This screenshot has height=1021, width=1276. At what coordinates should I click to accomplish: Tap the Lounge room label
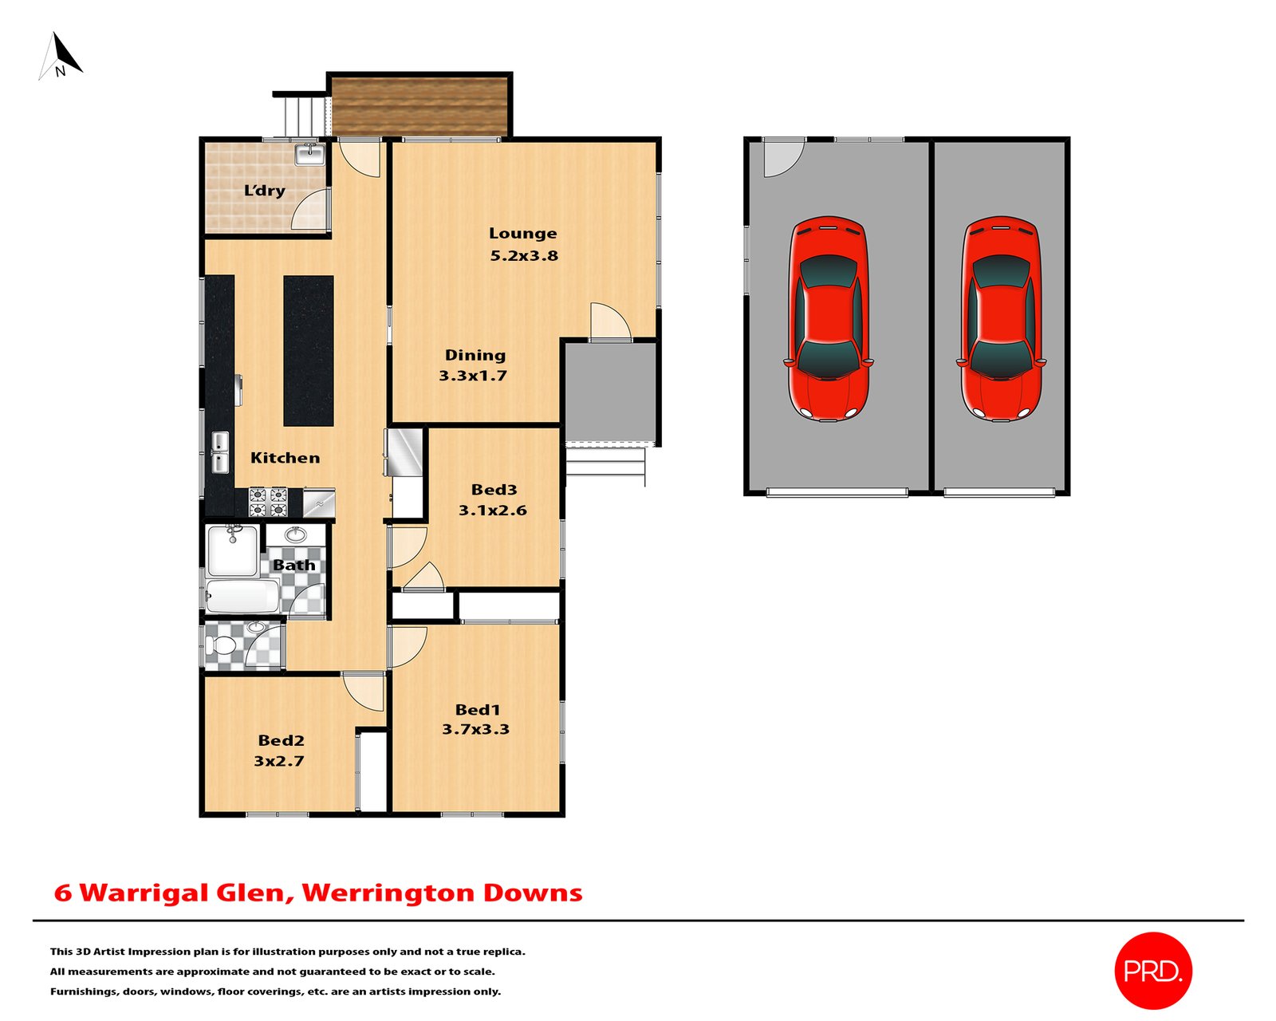(522, 234)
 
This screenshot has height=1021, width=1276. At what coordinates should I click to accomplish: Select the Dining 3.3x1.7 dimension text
(473, 376)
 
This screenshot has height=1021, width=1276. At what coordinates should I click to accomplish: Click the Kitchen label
(285, 458)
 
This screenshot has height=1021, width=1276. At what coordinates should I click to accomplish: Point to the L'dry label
(264, 191)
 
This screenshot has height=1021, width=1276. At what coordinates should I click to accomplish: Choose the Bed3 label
(494, 490)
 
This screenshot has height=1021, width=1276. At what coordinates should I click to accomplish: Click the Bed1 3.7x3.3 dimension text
(475, 729)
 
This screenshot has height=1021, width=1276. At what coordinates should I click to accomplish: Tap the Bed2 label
(281, 740)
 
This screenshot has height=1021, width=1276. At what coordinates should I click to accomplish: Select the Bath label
(293, 565)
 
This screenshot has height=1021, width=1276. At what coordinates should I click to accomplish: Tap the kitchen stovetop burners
(268, 502)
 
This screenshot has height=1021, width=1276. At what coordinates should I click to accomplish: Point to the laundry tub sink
(309, 153)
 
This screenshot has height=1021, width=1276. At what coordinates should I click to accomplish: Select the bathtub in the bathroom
(242, 596)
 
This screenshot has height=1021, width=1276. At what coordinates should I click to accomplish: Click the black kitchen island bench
(309, 350)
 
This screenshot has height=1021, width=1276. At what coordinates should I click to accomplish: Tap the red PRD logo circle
(1152, 970)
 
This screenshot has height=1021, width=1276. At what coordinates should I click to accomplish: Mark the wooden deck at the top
(419, 105)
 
